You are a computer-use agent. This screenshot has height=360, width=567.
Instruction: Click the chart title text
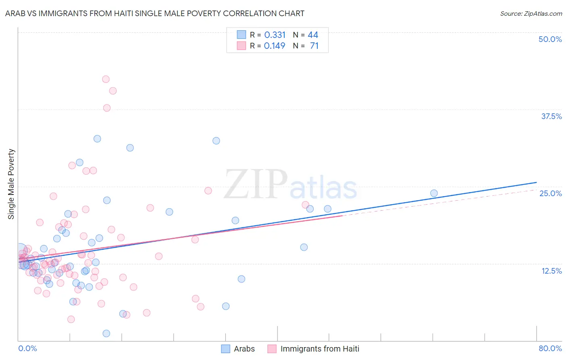154,13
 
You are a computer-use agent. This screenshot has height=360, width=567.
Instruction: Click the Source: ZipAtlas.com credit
531,13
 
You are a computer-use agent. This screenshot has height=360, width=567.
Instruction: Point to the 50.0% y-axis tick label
550,39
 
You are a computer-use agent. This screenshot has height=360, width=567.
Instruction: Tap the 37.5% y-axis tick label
551,116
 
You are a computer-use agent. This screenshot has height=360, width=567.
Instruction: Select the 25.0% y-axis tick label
550,193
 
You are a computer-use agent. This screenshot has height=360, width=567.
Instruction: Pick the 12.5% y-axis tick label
551,271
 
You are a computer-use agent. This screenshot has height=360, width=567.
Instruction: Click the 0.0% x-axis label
27,348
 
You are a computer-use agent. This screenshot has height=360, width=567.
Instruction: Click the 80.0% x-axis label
550,348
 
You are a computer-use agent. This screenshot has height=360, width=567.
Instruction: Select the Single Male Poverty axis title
11,184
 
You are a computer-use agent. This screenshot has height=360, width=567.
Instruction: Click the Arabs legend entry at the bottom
244,349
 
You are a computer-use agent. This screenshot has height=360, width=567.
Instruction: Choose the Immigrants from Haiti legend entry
319,349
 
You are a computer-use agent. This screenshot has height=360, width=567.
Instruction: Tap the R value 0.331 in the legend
275,35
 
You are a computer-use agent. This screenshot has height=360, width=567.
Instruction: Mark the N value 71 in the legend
314,46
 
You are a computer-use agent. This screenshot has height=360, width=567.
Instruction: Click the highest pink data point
106,79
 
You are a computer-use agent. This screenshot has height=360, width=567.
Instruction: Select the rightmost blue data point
434,193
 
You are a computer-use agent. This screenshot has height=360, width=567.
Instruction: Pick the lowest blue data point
106,333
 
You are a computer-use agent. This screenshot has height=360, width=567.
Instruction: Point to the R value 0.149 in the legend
275,46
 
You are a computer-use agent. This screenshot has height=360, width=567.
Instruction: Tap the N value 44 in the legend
313,35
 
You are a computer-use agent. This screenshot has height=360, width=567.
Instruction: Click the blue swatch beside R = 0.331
241,35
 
